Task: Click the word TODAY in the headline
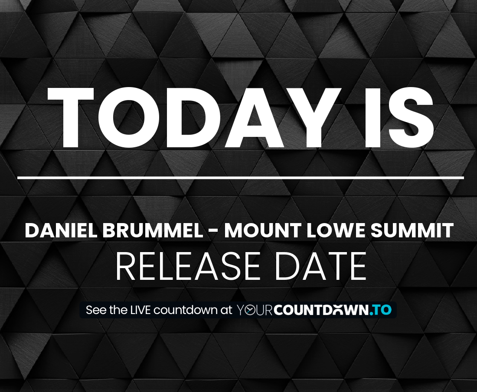tap(193, 118)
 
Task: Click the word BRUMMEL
tap(153, 230)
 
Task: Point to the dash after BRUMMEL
tap(213, 231)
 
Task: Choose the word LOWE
tap(336, 230)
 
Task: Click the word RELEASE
tap(188, 266)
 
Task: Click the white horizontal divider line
tap(241, 178)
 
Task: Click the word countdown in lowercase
tap(185, 310)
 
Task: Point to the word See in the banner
tap(96, 310)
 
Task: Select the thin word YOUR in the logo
tap(254, 310)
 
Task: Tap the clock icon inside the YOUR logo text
tap(250, 310)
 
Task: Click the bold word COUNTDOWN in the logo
tap(321, 310)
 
